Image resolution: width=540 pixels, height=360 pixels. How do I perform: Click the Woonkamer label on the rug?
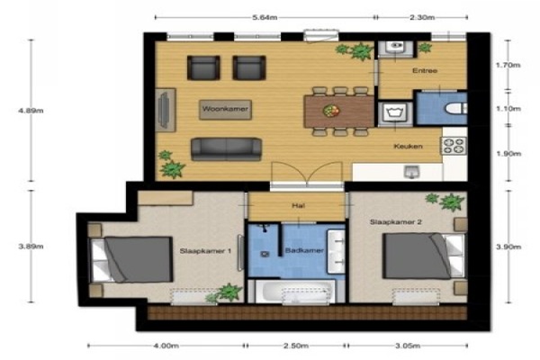225,109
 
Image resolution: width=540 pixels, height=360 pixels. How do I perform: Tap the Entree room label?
425,70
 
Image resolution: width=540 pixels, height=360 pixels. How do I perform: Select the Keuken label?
408,146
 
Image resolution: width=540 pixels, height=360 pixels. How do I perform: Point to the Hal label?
298,206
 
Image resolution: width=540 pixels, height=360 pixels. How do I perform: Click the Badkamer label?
304,250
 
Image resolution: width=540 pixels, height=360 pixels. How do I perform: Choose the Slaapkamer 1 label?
205,251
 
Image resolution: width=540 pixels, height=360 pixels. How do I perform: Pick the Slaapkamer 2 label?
396,222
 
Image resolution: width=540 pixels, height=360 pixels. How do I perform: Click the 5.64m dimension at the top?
265,18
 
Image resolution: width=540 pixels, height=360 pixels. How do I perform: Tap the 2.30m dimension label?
422,18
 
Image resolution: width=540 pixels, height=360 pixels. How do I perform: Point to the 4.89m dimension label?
31,111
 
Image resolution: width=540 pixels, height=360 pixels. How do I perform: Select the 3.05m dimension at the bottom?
408,346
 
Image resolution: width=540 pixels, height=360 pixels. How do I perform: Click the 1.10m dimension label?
508,109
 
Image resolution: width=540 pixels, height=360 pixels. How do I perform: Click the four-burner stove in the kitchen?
454,146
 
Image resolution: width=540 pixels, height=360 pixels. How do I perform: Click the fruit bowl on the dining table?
331,111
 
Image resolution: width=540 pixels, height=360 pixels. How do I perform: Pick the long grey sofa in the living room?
226,149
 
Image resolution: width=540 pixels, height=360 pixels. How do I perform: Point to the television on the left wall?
165,110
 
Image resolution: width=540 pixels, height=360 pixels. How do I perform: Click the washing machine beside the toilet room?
395,114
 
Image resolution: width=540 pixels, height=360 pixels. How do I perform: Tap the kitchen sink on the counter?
412,171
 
